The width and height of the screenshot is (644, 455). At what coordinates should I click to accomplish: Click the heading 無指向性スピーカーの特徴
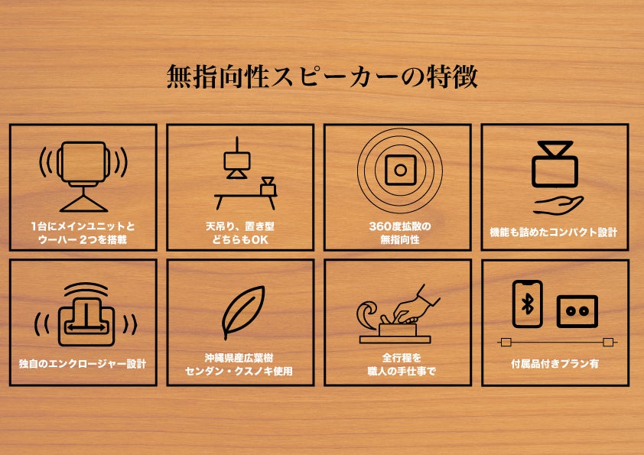pos(322,76)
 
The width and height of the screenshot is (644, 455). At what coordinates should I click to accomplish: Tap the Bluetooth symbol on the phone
pos(527,304)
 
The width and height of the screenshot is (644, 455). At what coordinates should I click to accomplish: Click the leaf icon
pos(242,312)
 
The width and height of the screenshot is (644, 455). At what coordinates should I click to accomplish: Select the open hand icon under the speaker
pos(558,205)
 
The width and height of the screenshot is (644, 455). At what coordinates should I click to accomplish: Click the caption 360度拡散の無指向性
pos(399,232)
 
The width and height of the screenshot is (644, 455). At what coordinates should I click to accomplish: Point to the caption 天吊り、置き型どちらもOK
pos(240,232)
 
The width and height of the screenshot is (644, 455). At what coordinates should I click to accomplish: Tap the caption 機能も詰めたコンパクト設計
pos(553,232)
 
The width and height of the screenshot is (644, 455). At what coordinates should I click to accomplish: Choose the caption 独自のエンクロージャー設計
pos(83,364)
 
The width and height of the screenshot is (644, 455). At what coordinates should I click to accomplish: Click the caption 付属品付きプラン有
pos(555,364)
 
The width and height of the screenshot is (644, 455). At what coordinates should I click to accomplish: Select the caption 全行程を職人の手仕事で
pos(402,364)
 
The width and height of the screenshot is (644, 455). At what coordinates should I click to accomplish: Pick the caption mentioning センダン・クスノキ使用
pos(239,371)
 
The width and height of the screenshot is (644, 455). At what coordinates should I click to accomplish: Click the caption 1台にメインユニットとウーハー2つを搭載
pos(83,232)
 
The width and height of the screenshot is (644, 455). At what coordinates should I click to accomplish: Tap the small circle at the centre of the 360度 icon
pos(401,170)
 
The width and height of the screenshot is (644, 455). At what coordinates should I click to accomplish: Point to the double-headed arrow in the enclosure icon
pos(86,327)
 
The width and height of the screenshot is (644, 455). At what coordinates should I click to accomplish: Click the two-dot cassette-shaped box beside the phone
pos(577,311)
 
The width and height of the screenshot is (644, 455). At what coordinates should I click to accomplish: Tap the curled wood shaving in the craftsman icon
pos(367,315)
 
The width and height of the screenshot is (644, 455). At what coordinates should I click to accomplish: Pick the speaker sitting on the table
pos(268,187)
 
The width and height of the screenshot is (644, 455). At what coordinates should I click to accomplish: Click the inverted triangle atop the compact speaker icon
pos(555,148)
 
